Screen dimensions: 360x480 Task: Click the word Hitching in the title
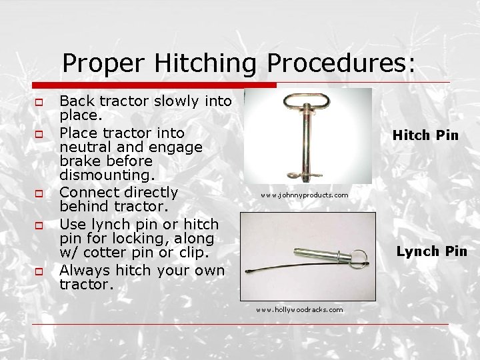coord(205,64)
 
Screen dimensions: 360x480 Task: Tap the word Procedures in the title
coord(341,64)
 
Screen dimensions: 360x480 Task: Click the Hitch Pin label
coord(425,135)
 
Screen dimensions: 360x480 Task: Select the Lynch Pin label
coord(431,251)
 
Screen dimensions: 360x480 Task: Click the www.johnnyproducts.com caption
coord(305,195)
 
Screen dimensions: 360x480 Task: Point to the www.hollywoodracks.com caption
coord(300,309)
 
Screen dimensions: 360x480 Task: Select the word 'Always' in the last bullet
coord(86,270)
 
